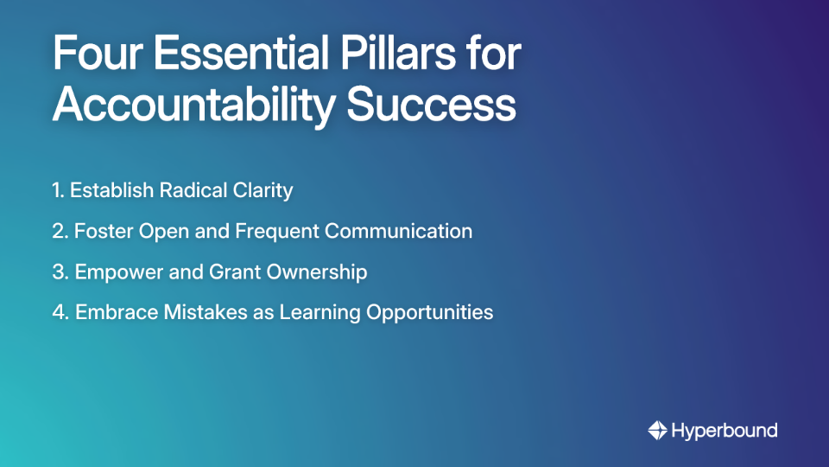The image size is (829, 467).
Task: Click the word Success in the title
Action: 432,105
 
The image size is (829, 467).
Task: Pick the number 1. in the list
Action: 58,190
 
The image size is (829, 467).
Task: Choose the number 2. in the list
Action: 60,231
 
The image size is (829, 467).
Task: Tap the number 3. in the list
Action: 60,272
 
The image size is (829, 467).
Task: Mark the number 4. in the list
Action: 60,312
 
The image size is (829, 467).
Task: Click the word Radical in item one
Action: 192,190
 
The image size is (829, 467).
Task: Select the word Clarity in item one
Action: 262,190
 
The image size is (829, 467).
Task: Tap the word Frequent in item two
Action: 276,231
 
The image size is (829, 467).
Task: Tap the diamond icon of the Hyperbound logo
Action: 657,430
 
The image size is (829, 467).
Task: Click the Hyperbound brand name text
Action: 724,430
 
